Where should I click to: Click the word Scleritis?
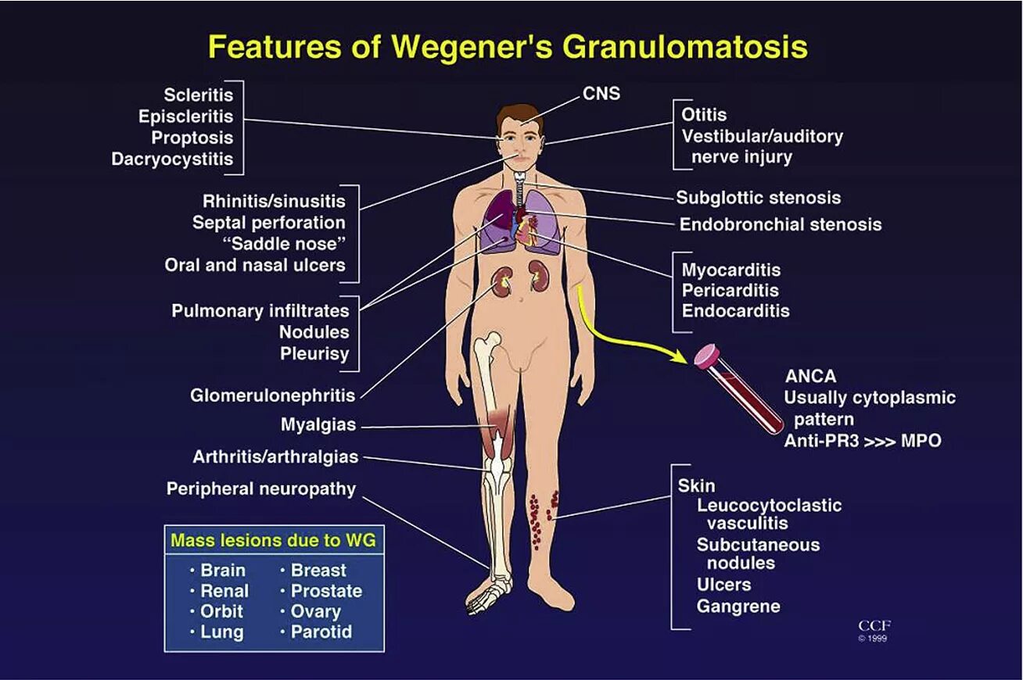point(198,95)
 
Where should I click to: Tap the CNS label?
point(601,94)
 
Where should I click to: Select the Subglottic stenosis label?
point(758,198)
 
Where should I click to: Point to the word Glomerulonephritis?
point(273,395)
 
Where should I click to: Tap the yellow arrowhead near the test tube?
point(676,356)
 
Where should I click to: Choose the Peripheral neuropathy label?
point(261,489)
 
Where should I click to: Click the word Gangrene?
point(738,606)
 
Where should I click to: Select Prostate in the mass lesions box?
point(326,591)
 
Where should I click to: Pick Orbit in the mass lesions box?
point(221,611)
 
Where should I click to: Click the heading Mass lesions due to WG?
point(274,540)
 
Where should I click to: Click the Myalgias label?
point(318,425)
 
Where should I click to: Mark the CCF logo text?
point(874,626)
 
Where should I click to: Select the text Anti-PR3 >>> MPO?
point(863,441)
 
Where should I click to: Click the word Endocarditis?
point(735,311)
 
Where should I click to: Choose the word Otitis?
point(704,114)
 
